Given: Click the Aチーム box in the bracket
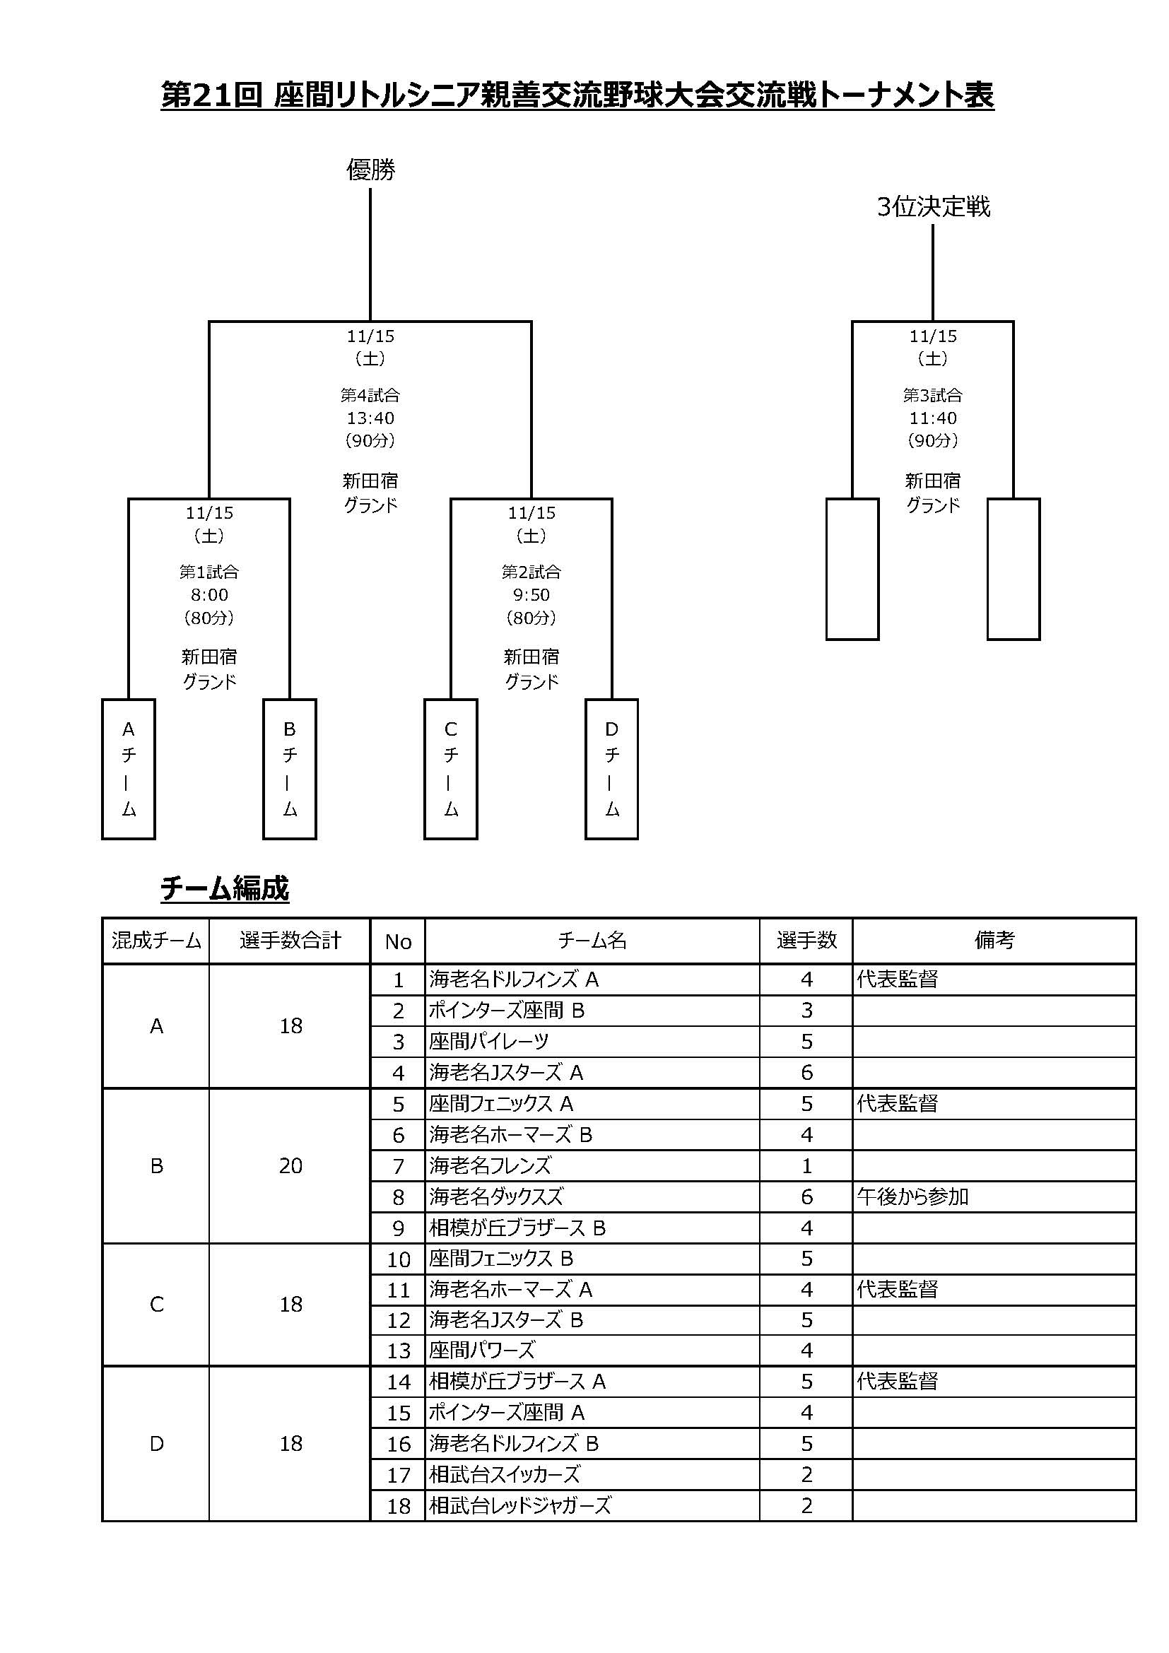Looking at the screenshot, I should (128, 769).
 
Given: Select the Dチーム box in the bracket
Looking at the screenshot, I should (611, 769).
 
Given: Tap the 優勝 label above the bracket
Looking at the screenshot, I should (371, 170).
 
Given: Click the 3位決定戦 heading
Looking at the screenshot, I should (933, 207).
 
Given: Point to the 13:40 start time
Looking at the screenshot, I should (371, 418).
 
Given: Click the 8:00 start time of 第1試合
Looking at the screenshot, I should (209, 594).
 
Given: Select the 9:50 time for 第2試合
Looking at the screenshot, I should (531, 594).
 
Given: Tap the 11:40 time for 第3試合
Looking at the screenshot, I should (933, 418).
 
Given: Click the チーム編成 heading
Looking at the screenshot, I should (225, 888).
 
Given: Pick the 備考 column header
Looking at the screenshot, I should (994, 941).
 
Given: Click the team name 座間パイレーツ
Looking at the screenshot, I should (489, 1042).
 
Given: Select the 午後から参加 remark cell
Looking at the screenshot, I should (912, 1197).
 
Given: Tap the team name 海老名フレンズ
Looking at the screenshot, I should (490, 1165).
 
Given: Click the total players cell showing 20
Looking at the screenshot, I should (290, 1166).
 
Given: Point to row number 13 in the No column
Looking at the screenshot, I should (398, 1351).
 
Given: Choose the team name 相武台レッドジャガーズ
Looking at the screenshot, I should (519, 1505).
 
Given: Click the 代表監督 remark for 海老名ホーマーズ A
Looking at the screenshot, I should (898, 1290).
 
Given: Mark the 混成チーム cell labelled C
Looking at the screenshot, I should (156, 1305).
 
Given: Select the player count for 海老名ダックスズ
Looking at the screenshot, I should (806, 1197).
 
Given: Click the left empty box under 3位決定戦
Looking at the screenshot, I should (852, 569).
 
